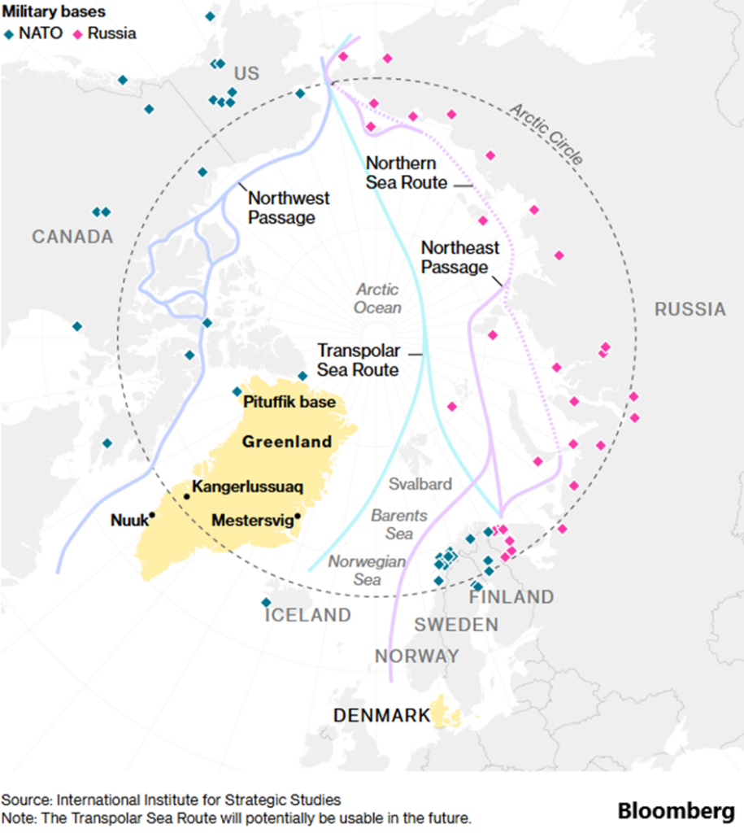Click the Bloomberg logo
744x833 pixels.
677,811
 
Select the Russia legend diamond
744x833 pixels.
78,34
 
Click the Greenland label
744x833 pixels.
287,442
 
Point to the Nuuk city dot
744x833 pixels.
152,516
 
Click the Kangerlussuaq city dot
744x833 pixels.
186,496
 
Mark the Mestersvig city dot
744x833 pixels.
298,516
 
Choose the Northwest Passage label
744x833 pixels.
288,207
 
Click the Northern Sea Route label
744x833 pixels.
406,172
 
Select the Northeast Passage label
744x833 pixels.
459,257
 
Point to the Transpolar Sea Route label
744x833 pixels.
359,360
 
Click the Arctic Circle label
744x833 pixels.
546,134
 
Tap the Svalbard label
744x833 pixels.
420,484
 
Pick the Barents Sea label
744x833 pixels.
398,525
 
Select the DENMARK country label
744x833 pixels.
381,716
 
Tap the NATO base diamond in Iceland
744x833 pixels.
266,602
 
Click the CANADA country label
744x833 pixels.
72,237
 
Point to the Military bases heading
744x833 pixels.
53,11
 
